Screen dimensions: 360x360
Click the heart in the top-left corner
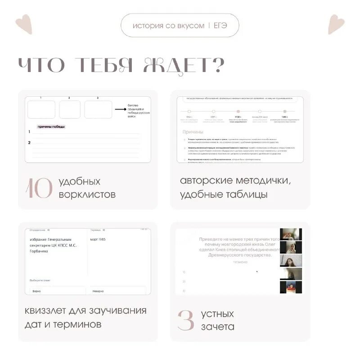(x=23, y=24)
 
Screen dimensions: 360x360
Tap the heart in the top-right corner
(x=336, y=24)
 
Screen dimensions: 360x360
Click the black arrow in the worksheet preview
(x=120, y=109)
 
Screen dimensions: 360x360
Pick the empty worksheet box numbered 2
(x=70, y=109)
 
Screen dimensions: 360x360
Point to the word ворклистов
(x=87, y=195)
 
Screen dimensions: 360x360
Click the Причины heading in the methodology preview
(x=193, y=132)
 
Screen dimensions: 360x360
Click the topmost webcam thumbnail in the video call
(x=291, y=234)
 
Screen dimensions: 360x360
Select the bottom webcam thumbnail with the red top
(x=291, y=287)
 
